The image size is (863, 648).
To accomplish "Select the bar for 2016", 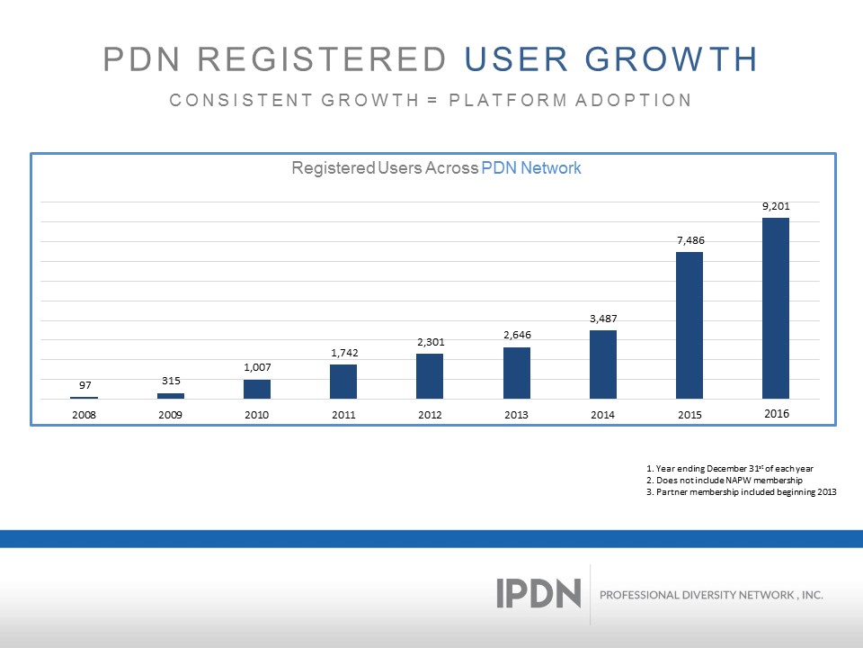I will point(776,308).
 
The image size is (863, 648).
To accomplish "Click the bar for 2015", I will point(690,325).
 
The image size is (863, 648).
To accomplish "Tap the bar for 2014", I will point(603,364).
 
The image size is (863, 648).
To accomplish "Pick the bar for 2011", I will point(343,382).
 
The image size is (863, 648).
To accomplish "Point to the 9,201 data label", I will point(776,206).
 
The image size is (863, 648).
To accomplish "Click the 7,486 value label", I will point(690,240).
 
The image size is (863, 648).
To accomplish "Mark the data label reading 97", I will point(84,386).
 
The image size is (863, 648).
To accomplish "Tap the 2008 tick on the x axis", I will point(84,415).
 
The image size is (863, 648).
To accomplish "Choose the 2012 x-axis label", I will point(430,415).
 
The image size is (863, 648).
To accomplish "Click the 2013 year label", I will point(516,415).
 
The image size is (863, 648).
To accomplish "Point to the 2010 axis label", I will point(257,415).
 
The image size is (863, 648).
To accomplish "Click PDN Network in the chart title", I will point(531,168).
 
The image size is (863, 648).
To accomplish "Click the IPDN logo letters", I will point(538,593).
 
